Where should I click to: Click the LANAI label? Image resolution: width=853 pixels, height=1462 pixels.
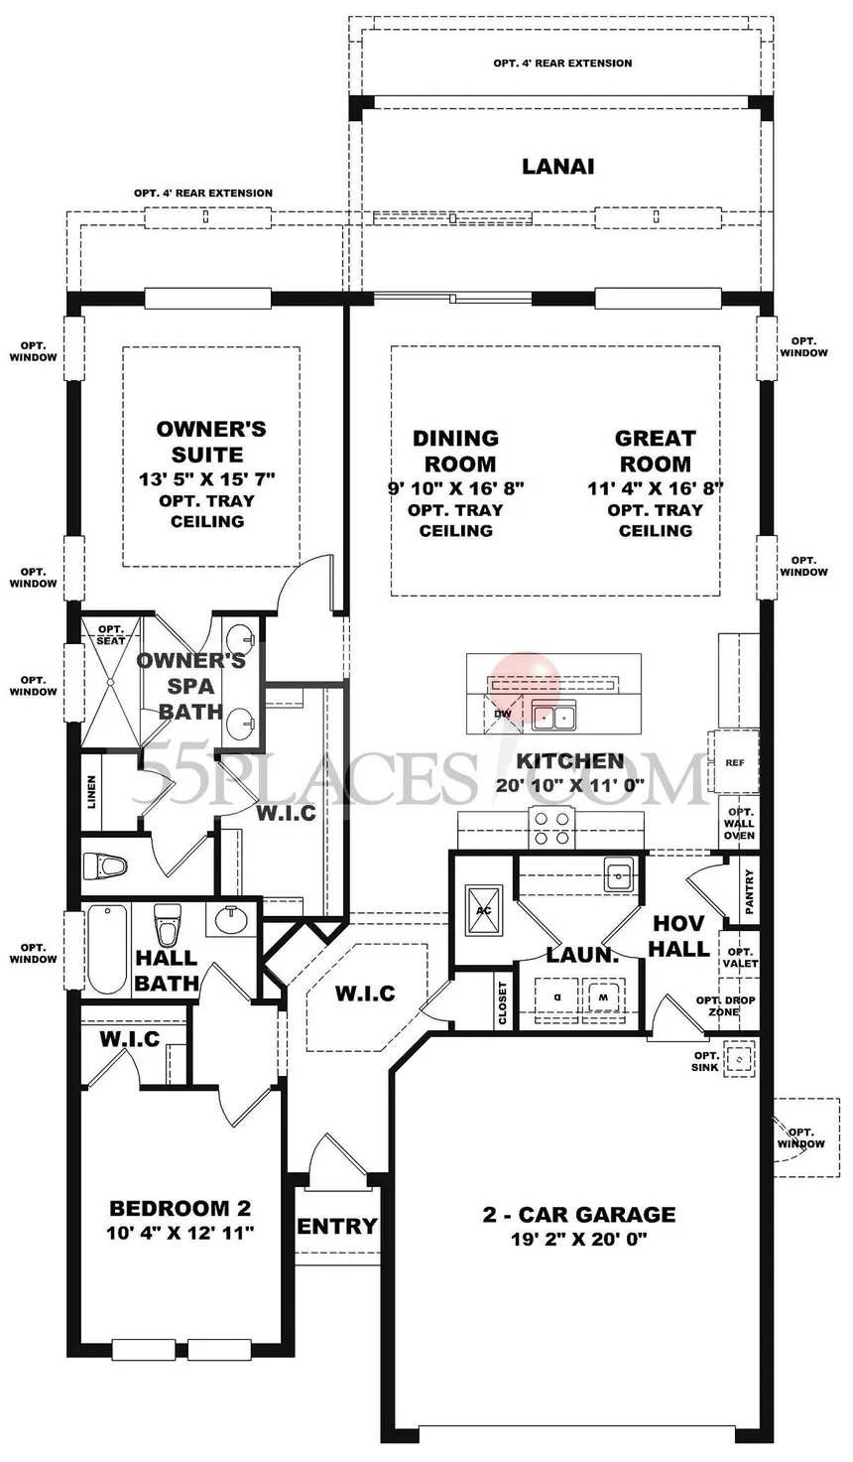(x=557, y=167)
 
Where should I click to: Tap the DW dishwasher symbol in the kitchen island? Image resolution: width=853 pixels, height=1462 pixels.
(x=503, y=714)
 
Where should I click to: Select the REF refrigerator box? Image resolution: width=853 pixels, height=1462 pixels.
(x=734, y=762)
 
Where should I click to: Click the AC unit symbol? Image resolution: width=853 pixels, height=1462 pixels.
(x=484, y=910)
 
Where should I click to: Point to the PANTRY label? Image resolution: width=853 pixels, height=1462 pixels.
(x=749, y=891)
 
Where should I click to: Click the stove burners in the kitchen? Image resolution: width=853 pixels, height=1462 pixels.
(x=552, y=828)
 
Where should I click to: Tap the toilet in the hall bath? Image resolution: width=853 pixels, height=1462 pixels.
(x=165, y=926)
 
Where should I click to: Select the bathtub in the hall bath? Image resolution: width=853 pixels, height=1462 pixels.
(x=105, y=950)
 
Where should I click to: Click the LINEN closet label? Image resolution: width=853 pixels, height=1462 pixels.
(x=92, y=792)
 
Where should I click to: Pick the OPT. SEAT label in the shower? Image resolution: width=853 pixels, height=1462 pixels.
(x=111, y=634)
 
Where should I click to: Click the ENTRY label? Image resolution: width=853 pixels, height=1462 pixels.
(x=337, y=1226)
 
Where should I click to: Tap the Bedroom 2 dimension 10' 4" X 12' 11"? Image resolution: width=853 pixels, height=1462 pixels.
(x=180, y=1233)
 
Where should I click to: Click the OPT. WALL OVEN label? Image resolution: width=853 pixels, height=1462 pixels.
(x=739, y=823)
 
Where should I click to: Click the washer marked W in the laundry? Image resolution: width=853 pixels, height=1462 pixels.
(x=604, y=997)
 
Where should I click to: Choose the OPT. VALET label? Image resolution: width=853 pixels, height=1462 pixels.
(x=740, y=958)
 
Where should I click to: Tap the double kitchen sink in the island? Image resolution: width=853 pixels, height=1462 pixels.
(x=553, y=717)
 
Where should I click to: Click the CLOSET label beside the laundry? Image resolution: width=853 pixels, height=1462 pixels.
(x=502, y=1003)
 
